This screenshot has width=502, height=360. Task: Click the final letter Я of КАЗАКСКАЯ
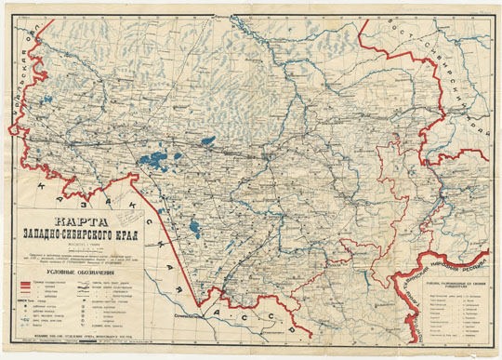pos(217,294)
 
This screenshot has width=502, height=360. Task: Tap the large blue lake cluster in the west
pos(153,159)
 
